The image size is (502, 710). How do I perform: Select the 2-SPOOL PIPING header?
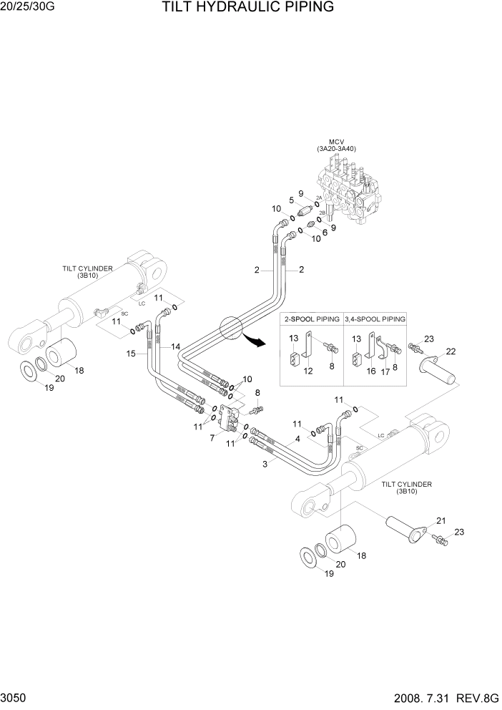tap(312, 318)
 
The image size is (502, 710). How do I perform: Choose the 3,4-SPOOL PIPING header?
tap(375, 318)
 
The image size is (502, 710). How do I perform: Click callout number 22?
tap(451, 351)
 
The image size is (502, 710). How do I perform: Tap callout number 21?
tap(441, 520)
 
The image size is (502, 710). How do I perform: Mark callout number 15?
tap(131, 354)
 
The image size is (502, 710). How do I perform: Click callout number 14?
tap(175, 346)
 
